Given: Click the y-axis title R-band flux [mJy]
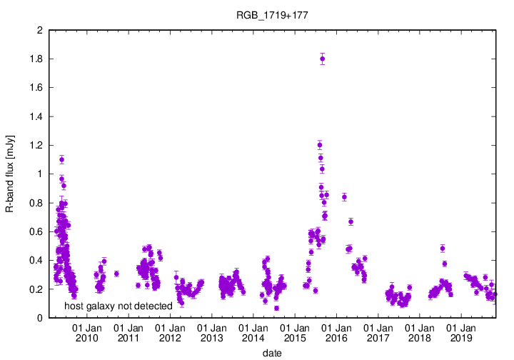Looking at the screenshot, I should [x=10, y=174].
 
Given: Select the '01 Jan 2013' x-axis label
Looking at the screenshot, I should [x=211, y=333].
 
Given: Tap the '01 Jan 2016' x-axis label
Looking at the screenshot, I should [x=336, y=333].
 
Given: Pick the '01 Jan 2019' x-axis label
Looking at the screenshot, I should [x=460, y=333].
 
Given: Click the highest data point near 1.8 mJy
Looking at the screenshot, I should [x=323, y=59].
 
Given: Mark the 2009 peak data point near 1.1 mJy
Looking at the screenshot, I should [x=61, y=159].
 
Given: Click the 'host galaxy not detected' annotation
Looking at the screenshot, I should [x=119, y=306].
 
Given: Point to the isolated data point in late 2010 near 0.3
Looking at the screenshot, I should [x=116, y=274].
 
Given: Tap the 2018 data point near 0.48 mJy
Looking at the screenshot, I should [x=443, y=249].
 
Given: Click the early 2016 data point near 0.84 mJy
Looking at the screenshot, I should [x=344, y=197].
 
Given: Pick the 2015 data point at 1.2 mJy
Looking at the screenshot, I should [x=319, y=145].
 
